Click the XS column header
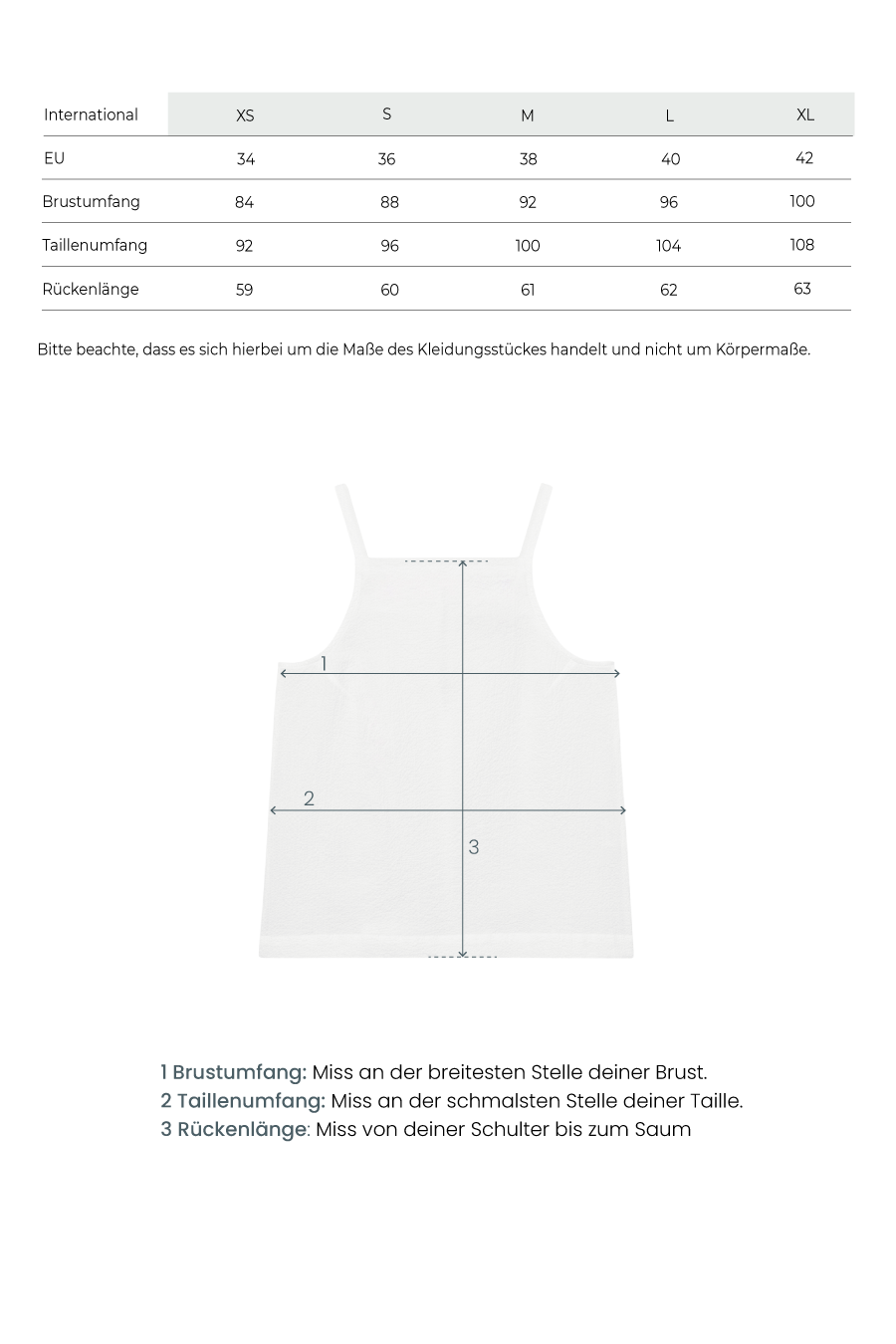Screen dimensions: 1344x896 pyautogui.click(x=245, y=115)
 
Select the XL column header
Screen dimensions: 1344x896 pyautogui.click(x=805, y=114)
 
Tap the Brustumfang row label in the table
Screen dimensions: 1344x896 pyautogui.click(x=91, y=202)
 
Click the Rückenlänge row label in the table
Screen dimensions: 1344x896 pyautogui.click(x=91, y=290)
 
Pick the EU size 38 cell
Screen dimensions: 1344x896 pyautogui.click(x=528, y=159)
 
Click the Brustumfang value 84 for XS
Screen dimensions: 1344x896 pyautogui.click(x=245, y=202)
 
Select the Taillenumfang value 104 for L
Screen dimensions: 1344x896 pyautogui.click(x=669, y=246)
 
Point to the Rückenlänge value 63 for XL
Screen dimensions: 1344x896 pyautogui.click(x=802, y=289)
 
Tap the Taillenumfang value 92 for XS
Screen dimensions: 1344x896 pyautogui.click(x=245, y=246)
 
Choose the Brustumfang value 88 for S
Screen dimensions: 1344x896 pyautogui.click(x=389, y=202)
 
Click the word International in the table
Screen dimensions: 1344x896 pyautogui.click(x=91, y=114)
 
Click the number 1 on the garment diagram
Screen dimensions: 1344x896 pyautogui.click(x=324, y=663)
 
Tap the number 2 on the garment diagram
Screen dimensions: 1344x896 pyautogui.click(x=309, y=798)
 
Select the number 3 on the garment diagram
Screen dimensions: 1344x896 pyautogui.click(x=474, y=847)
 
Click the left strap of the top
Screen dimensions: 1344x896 pyautogui.click(x=351, y=521)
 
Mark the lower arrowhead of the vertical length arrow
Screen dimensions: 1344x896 pyautogui.click(x=463, y=952)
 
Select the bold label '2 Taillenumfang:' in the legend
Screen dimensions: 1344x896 pyautogui.click(x=243, y=1101)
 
